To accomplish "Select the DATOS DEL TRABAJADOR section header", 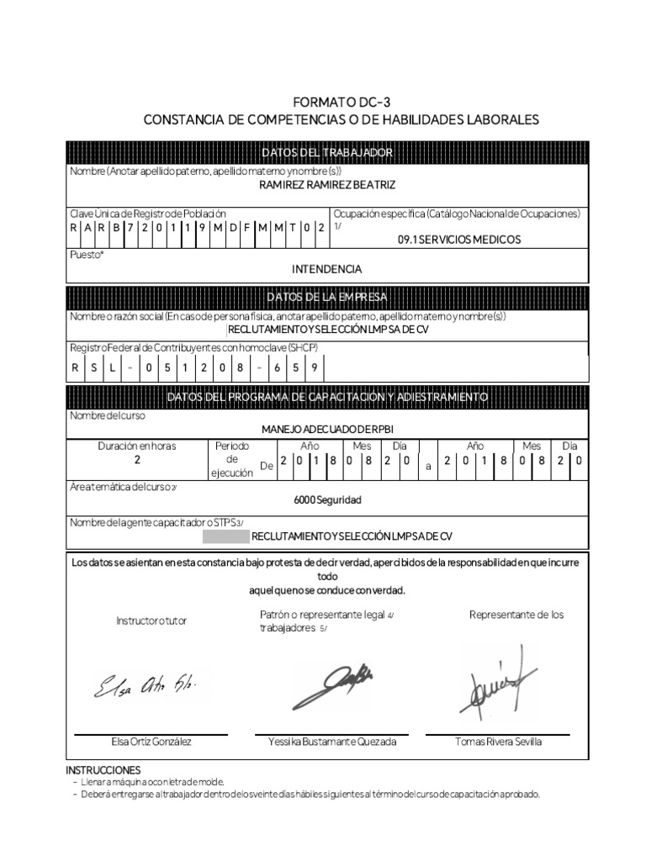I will click(327, 152).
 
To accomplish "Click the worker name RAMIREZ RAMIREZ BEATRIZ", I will click(327, 184).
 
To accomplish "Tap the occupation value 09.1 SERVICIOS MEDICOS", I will click(458, 240).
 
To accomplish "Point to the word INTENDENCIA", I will click(327, 270).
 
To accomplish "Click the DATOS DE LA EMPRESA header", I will click(327, 298).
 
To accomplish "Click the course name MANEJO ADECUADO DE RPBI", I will click(327, 429).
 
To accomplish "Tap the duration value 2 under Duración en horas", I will click(137, 461).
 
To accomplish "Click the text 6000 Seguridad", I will click(327, 499).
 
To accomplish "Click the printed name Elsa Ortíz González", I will click(151, 742).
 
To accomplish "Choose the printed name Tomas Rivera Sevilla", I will click(498, 742).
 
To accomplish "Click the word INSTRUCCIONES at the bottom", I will click(103, 769).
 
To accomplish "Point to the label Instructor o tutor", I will click(151, 621).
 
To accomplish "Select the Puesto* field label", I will click(87, 253).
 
